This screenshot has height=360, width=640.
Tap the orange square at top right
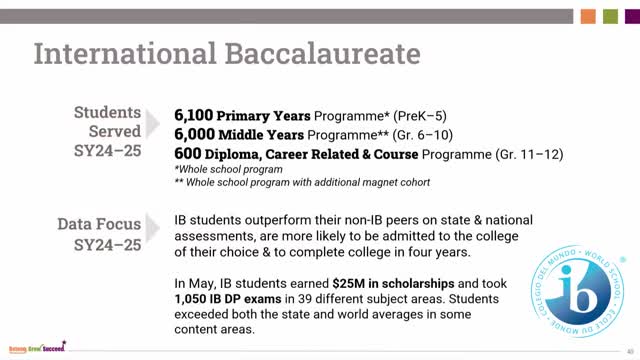pyautogui.click(x=588, y=15)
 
